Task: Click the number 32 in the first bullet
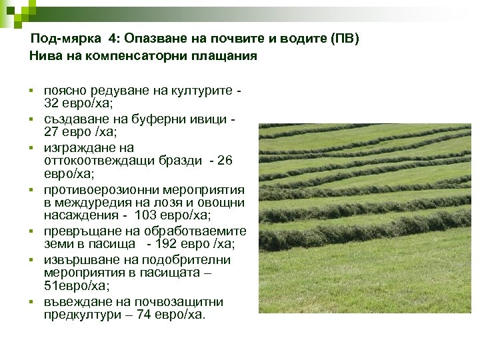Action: pyautogui.click(x=51, y=103)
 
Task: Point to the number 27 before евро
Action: pyautogui.click(x=51, y=132)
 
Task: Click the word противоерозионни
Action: pyautogui.click(x=104, y=191)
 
